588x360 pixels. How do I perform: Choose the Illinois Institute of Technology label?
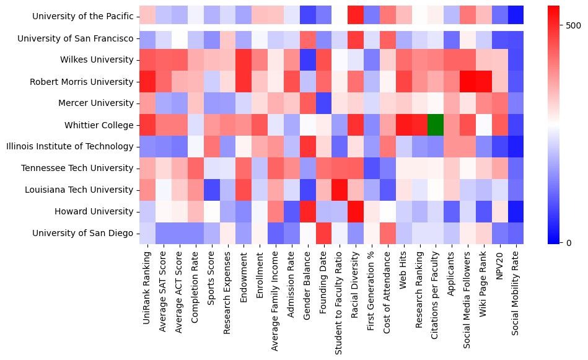pyautogui.click(x=69, y=146)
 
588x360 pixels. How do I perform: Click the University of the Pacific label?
pyautogui.click(x=82, y=16)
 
